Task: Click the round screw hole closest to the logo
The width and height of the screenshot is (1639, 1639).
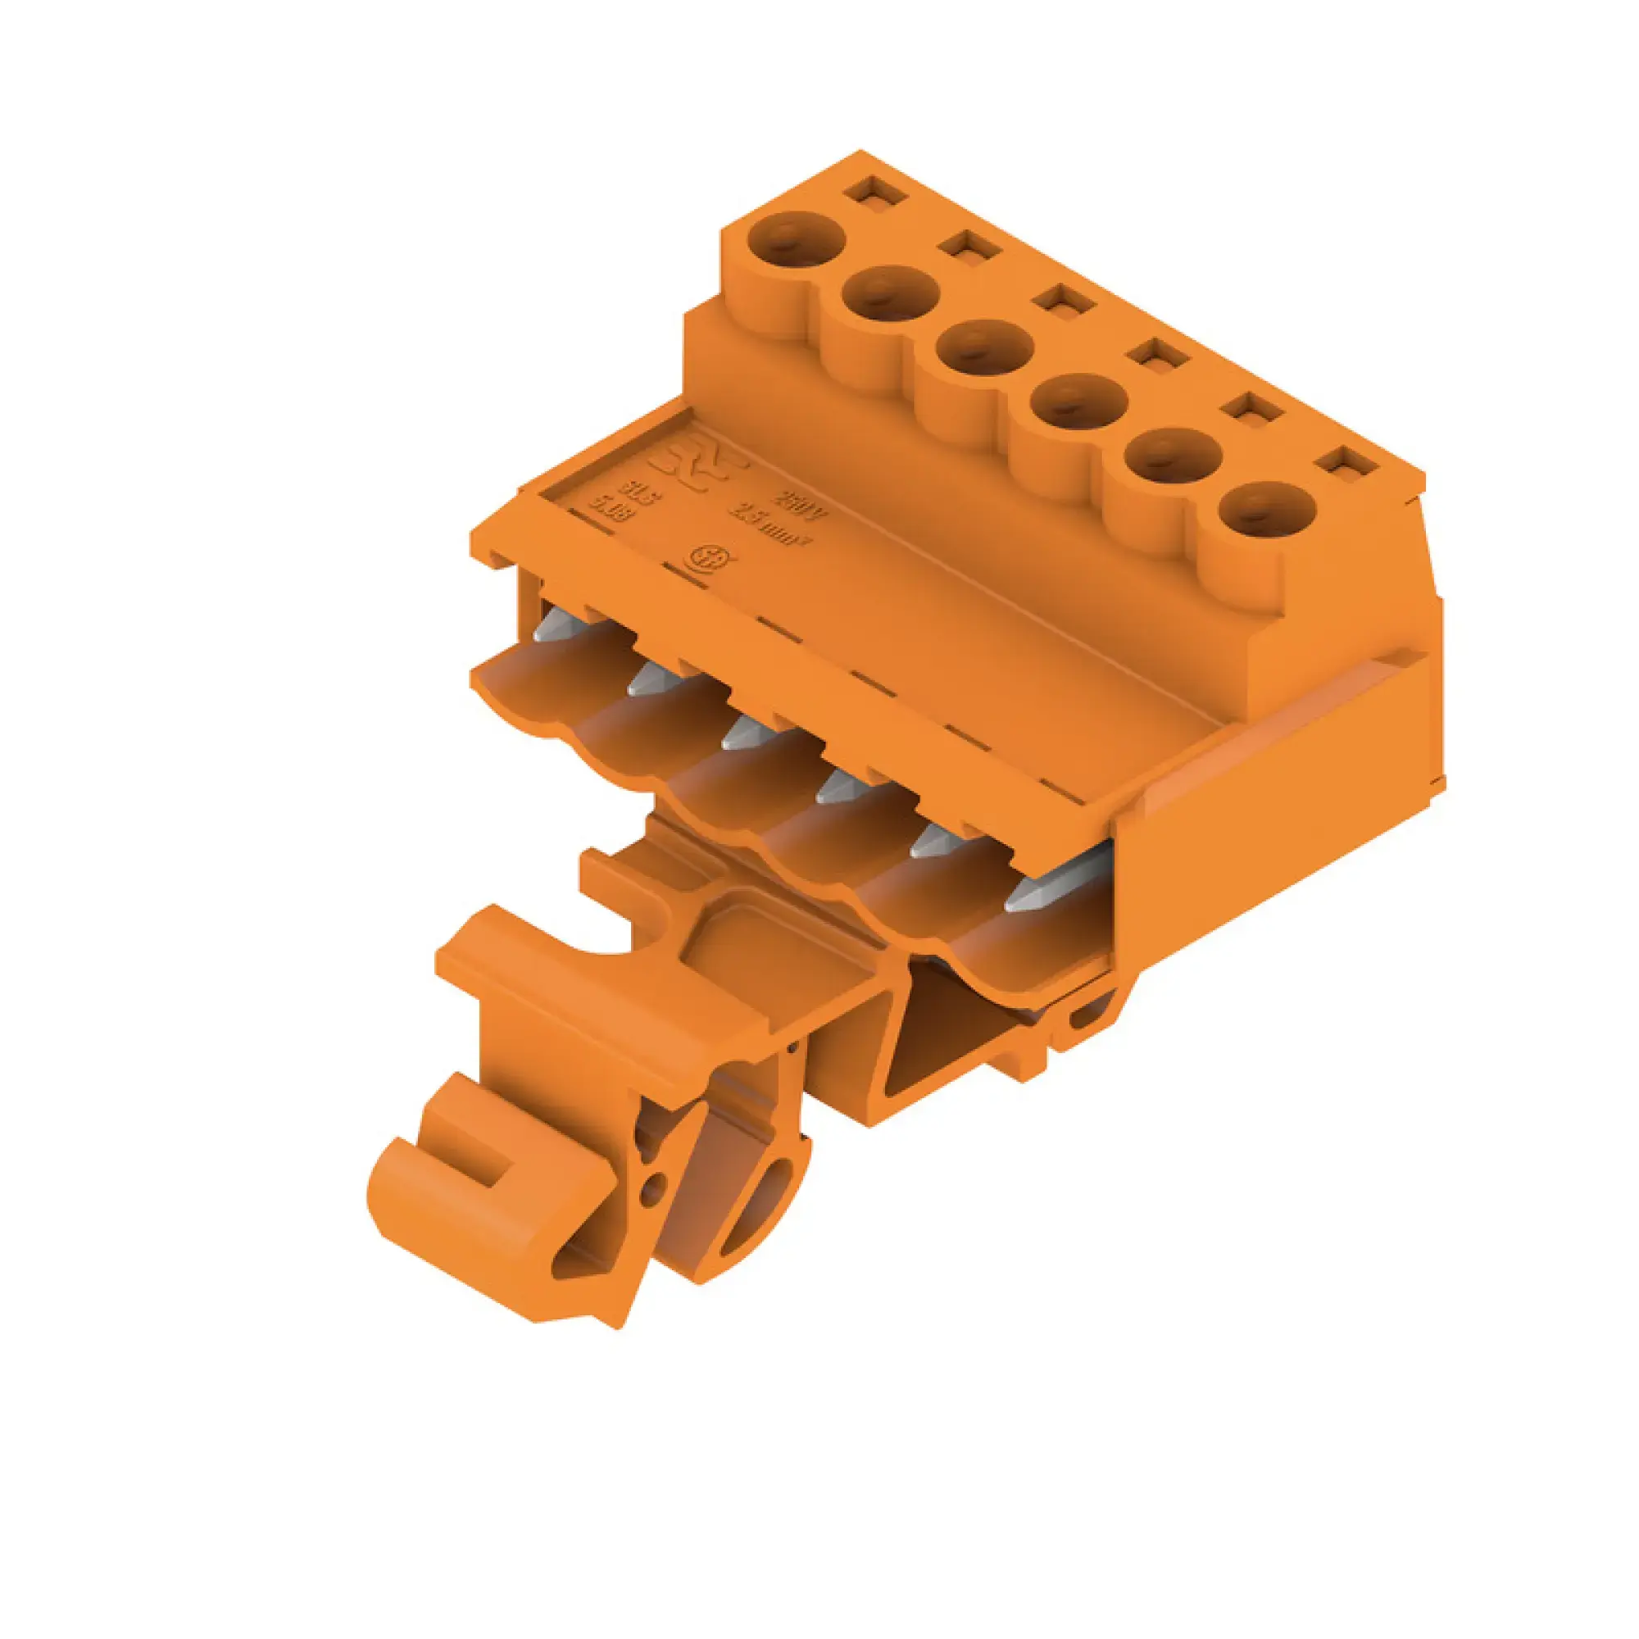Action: coord(798,238)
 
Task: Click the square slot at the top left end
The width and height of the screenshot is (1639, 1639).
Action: coord(874,190)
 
